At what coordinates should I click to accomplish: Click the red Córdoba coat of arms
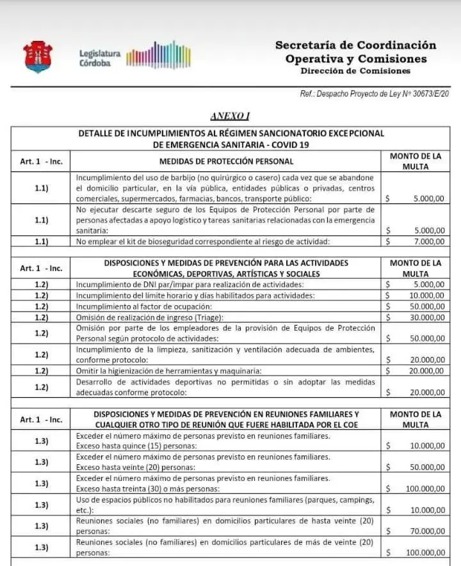click(38, 57)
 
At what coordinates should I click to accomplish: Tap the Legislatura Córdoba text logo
click(99, 58)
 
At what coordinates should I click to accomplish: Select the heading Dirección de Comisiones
click(355, 71)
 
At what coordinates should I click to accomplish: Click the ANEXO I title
click(230, 116)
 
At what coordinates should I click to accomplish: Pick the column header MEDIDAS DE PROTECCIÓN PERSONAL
click(226, 162)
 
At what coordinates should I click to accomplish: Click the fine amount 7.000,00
click(428, 241)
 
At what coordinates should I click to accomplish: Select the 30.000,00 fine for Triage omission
click(426, 317)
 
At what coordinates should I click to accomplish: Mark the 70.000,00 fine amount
click(426, 531)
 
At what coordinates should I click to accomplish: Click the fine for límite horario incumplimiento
click(426, 295)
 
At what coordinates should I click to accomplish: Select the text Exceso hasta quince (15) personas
click(136, 445)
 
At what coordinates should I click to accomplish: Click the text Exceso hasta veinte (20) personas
click(136, 467)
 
